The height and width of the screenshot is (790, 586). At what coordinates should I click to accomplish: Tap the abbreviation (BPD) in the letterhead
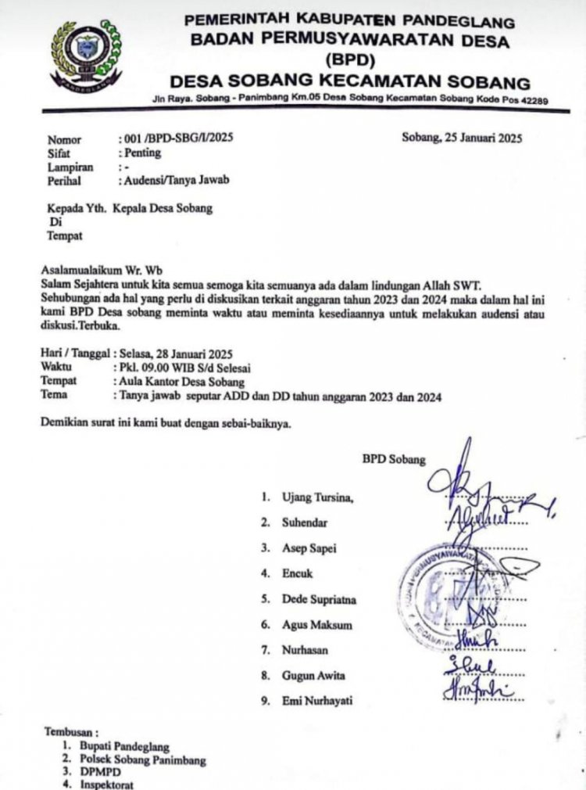click(x=348, y=59)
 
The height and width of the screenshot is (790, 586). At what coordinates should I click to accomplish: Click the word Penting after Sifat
click(x=139, y=153)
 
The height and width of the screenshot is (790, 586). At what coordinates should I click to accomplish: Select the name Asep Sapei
click(x=309, y=548)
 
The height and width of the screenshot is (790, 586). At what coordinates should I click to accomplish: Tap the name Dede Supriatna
click(x=319, y=599)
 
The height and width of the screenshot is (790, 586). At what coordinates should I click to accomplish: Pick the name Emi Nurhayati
click(x=317, y=700)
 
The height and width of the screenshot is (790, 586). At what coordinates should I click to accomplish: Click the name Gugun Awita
click(x=313, y=674)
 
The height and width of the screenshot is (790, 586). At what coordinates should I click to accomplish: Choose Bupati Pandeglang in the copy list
click(x=124, y=747)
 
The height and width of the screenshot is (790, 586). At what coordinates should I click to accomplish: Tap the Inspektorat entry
click(x=106, y=784)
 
